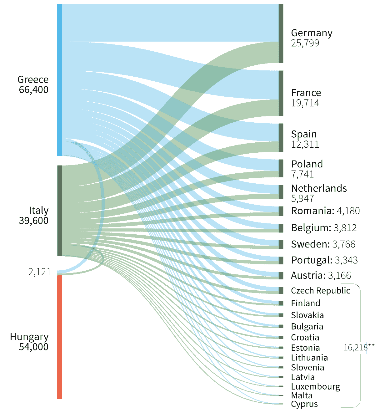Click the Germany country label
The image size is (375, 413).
(x=312, y=33)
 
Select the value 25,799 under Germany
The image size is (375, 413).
(x=305, y=43)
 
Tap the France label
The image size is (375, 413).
(x=306, y=93)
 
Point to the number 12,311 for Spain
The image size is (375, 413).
(x=305, y=144)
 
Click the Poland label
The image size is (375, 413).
(x=307, y=164)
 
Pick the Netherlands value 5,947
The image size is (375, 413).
(x=302, y=198)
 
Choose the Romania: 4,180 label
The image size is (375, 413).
(x=325, y=211)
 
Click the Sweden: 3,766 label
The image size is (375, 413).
(x=323, y=244)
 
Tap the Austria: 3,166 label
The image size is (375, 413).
(x=321, y=275)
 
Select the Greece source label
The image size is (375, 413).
(x=33, y=79)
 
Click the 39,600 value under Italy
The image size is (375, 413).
(x=33, y=221)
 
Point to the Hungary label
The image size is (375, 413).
(x=29, y=337)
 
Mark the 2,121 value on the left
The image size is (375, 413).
(x=39, y=272)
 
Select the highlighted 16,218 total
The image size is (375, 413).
(x=355, y=348)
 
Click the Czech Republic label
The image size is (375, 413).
(x=321, y=291)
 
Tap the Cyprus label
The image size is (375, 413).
(x=304, y=404)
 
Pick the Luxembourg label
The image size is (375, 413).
(x=315, y=387)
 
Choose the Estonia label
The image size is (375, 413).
(x=305, y=348)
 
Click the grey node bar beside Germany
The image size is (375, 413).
(x=281, y=33)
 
